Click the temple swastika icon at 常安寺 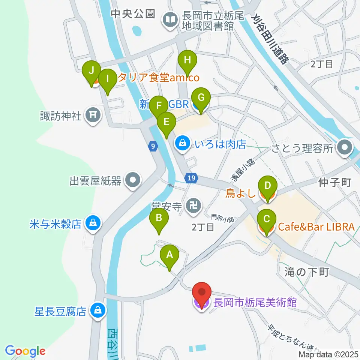(193, 205)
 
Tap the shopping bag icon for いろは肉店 (182, 143)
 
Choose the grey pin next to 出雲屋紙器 (132, 181)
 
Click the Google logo (25, 351)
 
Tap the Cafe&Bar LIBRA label (316, 227)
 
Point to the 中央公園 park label (133, 14)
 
